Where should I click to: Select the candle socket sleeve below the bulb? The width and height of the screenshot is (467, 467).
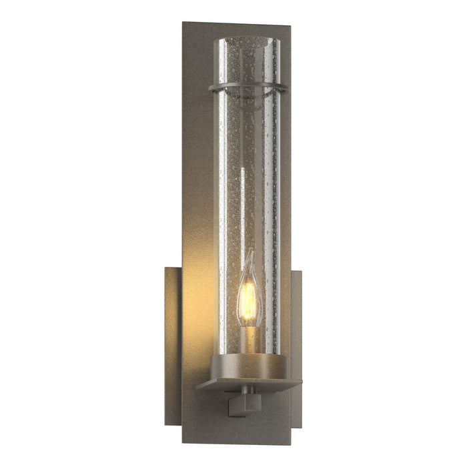(x=248, y=340)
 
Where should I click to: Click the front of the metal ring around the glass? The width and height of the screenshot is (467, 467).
(x=248, y=89)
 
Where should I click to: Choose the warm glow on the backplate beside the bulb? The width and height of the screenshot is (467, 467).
(x=200, y=280)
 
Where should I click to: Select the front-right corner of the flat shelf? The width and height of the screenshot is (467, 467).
(x=302, y=382)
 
